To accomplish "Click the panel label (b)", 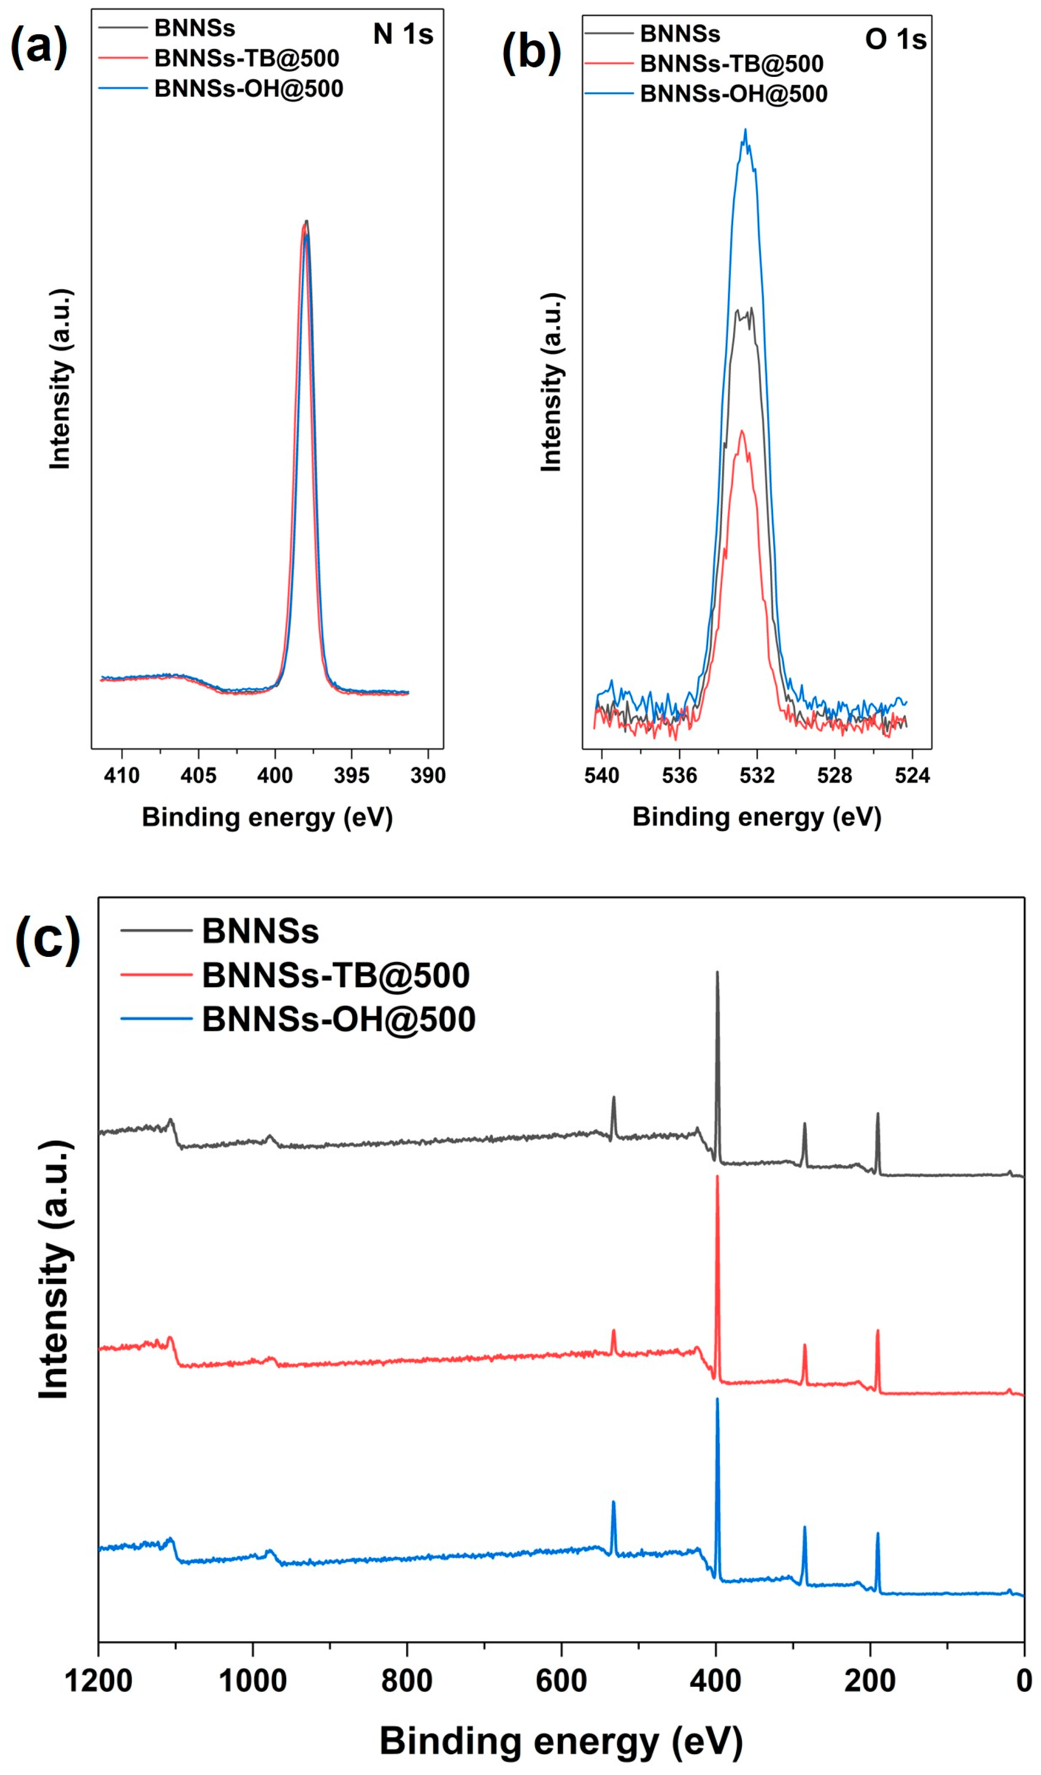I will pyautogui.click(x=532, y=54).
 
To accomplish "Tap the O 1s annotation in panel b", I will pyautogui.click(x=895, y=40).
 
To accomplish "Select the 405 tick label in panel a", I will pyautogui.click(x=198, y=776).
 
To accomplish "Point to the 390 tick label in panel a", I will pyautogui.click(x=428, y=776).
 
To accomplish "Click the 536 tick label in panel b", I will pyautogui.click(x=679, y=776).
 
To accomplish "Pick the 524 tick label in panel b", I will pyautogui.click(x=913, y=776).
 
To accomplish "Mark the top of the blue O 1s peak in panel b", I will pyautogui.click(x=745, y=130).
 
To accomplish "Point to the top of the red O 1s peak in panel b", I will pyautogui.click(x=741, y=430).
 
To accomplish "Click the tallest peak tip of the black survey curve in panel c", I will pyautogui.click(x=718, y=973).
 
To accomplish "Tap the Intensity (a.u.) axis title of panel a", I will pyautogui.click(x=61, y=379).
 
